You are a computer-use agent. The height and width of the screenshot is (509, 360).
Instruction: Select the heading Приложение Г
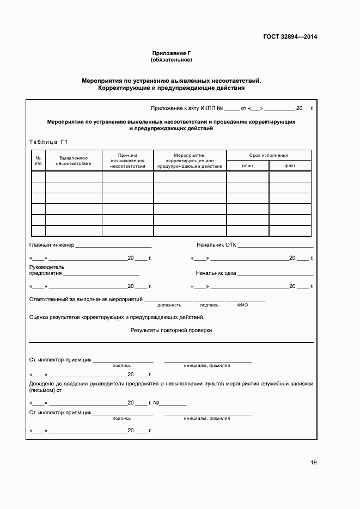click(x=172, y=53)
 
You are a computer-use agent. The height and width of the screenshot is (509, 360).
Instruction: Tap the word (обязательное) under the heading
click(x=172, y=59)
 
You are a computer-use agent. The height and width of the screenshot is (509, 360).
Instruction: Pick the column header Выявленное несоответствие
click(x=74, y=161)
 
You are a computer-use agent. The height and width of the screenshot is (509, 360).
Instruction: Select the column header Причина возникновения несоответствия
click(x=127, y=161)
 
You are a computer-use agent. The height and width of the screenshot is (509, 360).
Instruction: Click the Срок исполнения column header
click(x=269, y=155)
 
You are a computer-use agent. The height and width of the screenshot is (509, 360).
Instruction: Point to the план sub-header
click(x=247, y=165)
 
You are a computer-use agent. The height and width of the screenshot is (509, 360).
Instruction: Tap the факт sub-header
click(x=290, y=165)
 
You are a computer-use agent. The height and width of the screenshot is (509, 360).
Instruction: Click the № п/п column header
click(x=38, y=161)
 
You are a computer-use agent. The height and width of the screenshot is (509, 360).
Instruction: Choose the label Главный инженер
click(x=51, y=245)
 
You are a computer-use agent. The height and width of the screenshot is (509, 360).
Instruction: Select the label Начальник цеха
click(x=216, y=273)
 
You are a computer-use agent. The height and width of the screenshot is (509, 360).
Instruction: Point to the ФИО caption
click(x=242, y=305)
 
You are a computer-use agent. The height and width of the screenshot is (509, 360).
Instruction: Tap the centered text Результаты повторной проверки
click(x=171, y=330)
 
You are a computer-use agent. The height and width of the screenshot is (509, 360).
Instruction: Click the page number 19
click(x=314, y=463)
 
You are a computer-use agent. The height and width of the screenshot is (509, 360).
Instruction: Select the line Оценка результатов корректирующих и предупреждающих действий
click(x=117, y=317)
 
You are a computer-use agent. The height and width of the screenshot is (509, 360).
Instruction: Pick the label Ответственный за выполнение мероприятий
click(x=86, y=299)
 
